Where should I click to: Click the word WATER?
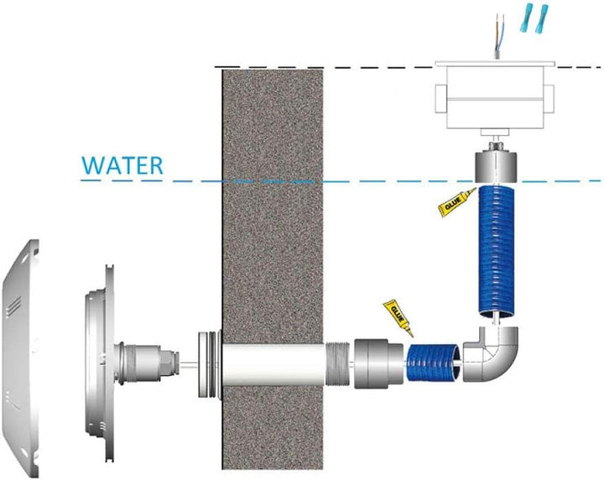click(122, 165)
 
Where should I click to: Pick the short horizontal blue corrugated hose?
click(433, 363)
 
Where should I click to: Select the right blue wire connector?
click(542, 18)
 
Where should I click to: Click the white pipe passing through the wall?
click(274, 364)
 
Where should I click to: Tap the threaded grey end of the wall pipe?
click(337, 364)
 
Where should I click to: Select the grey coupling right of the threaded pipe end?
click(378, 364)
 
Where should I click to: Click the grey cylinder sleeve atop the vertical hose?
click(496, 166)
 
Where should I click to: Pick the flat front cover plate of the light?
click(21, 358)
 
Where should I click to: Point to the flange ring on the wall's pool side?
click(209, 364)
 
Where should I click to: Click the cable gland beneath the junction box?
click(495, 146)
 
